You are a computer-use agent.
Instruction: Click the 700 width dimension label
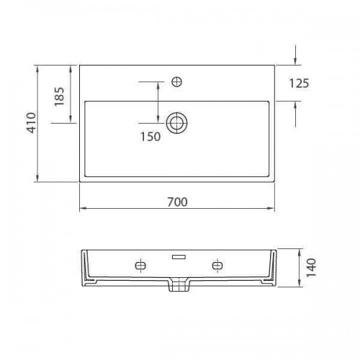pos(177,202)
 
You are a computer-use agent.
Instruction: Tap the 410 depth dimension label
pos(31,122)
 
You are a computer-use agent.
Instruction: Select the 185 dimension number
pos(59,96)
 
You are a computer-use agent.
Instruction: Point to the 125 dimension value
pos(299,84)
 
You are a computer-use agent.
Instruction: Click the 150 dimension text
pos(150,137)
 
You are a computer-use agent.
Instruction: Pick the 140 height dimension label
pos(311,268)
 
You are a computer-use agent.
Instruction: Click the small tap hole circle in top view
pos(177,82)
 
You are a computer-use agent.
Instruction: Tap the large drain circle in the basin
pos(177,123)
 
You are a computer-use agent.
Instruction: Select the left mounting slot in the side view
pos(140,266)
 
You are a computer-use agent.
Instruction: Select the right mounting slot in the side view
pos(217,266)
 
